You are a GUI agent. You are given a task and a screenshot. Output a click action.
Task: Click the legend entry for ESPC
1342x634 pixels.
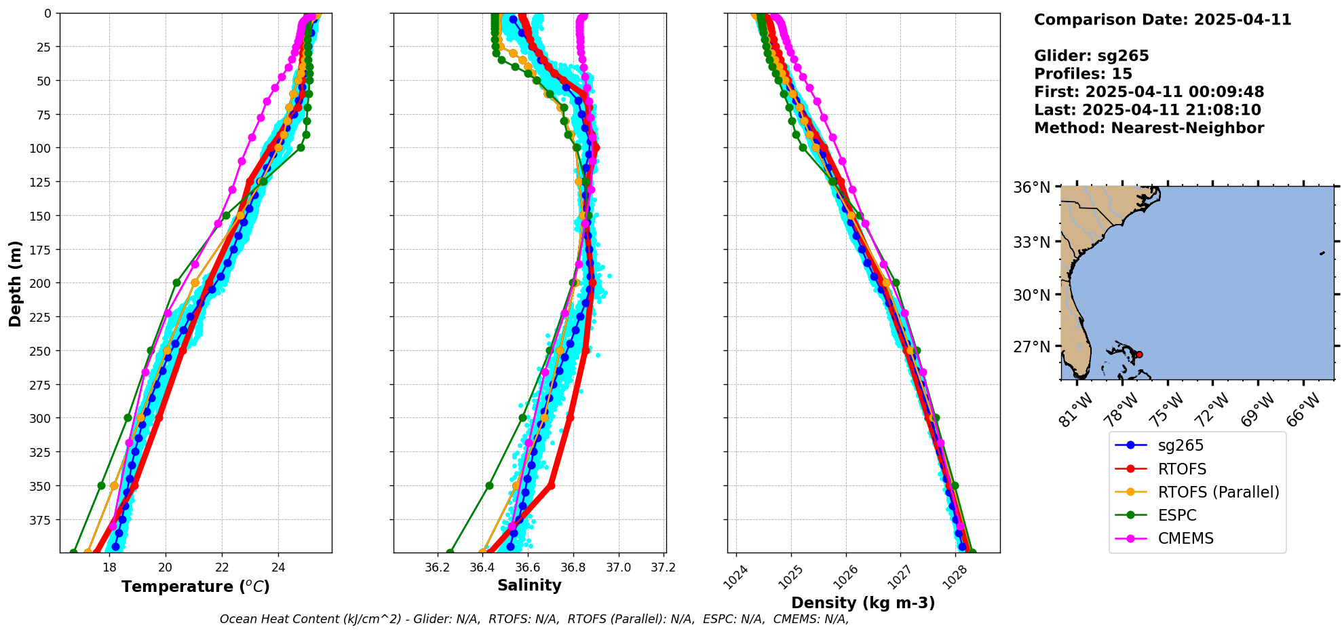tap(1177, 515)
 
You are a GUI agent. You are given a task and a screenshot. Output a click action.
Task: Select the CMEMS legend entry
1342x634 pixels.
tap(1185, 538)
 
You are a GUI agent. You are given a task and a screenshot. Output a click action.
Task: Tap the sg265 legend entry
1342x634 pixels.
tap(1181, 445)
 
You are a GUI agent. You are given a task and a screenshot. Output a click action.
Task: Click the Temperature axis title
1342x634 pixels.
tap(195, 586)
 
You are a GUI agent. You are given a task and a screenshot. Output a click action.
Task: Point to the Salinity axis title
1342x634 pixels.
tap(529, 586)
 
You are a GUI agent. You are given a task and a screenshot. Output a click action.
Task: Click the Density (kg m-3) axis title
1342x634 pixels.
tap(863, 603)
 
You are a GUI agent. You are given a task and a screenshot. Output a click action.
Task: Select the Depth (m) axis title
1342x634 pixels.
tap(15, 283)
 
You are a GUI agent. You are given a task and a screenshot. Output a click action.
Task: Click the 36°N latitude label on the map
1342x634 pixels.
tap(1031, 187)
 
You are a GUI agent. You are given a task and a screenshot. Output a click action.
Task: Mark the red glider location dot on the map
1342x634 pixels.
tap(1139, 354)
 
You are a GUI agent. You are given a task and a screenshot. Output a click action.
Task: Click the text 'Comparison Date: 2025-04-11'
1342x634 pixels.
tap(1162, 20)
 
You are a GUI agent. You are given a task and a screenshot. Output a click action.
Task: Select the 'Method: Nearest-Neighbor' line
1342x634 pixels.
tap(1149, 128)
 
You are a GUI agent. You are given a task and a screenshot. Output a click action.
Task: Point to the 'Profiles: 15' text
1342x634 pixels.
tap(1083, 74)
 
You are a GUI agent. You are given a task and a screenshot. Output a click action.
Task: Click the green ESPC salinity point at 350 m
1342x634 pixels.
tap(489, 485)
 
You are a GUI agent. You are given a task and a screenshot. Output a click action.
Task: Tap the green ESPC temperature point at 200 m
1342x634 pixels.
tap(176, 282)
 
